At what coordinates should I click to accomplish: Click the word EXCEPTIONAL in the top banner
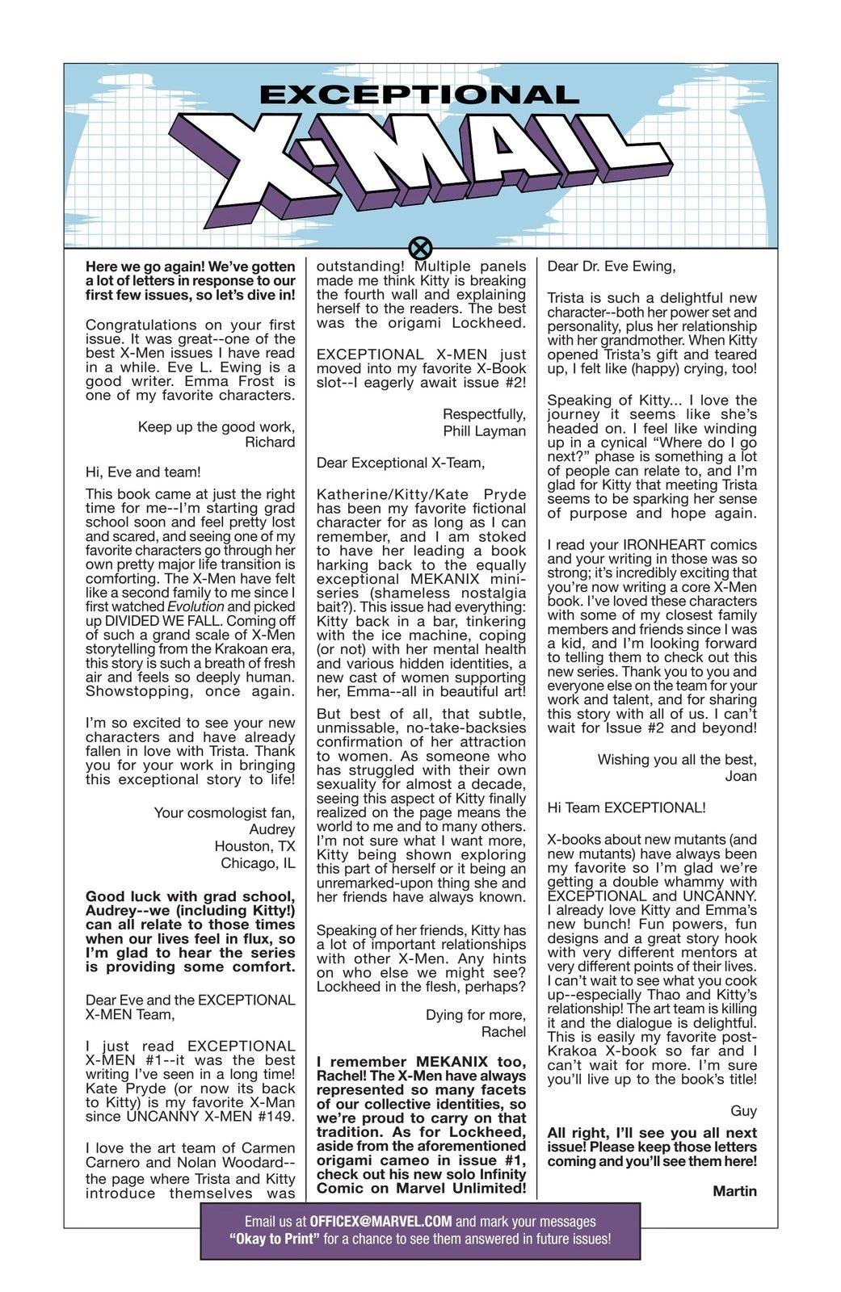click(x=419, y=94)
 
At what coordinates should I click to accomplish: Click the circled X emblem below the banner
click(x=421, y=247)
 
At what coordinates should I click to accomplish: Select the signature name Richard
click(x=270, y=442)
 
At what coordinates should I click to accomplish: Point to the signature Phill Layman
click(x=484, y=431)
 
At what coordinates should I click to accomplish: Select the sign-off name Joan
click(x=741, y=776)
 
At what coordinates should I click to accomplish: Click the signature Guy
click(x=743, y=1111)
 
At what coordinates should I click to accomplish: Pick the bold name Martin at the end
click(x=734, y=1191)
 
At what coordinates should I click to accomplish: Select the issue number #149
click(x=274, y=1117)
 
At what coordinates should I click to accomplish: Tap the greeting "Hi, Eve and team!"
click(x=143, y=472)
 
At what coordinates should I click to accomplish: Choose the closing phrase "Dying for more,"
click(x=475, y=1015)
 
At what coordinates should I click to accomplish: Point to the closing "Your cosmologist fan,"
click(x=225, y=812)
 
